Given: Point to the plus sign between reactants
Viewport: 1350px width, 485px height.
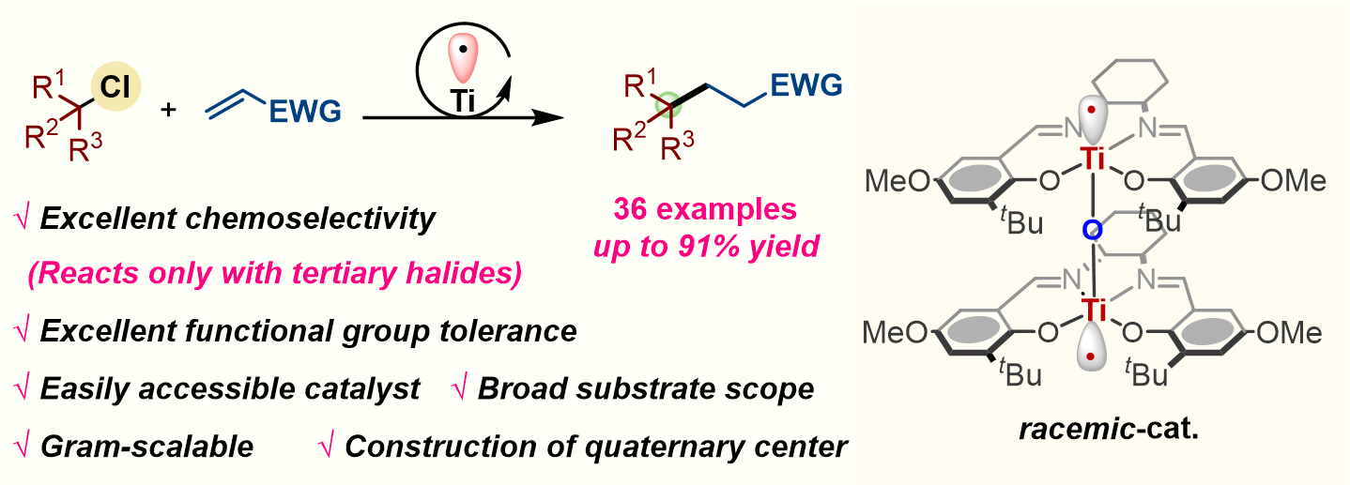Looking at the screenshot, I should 169,110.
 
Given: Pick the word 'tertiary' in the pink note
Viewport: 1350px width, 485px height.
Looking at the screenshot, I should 317,274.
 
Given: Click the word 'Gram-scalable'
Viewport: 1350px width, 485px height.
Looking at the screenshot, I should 147,447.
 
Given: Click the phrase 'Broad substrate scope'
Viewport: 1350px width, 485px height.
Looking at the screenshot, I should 646,389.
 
